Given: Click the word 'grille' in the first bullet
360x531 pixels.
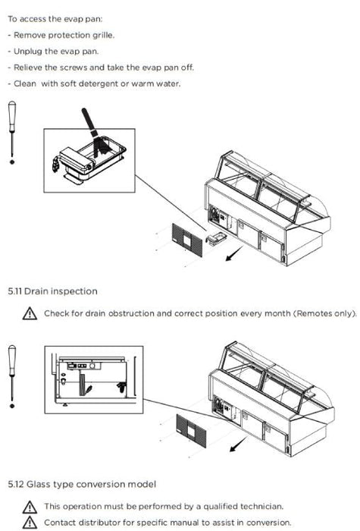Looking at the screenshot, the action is pyautogui.click(x=103, y=35).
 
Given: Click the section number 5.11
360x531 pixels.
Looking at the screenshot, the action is pyautogui.click(x=15, y=291).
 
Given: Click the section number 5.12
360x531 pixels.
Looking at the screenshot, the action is pyautogui.click(x=16, y=484).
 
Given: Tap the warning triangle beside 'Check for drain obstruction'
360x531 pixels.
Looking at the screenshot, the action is pyautogui.click(x=30, y=313).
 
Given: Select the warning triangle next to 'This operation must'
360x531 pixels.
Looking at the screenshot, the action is pyautogui.click(x=30, y=507).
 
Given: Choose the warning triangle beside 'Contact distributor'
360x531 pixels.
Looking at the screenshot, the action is pyautogui.click(x=30, y=523).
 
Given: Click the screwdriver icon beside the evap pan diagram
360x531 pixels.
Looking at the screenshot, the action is pyautogui.click(x=12, y=133).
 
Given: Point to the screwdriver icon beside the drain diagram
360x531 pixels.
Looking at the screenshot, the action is pyautogui.click(x=12, y=376).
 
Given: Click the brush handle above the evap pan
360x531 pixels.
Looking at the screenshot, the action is pyautogui.click(x=89, y=122).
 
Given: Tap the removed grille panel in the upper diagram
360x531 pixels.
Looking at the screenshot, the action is pyautogui.click(x=187, y=240).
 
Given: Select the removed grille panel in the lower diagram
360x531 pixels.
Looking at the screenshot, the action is pyautogui.click(x=191, y=430).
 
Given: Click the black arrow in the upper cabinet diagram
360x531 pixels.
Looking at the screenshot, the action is pyautogui.click(x=234, y=253).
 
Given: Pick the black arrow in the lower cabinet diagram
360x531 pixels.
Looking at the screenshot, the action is pyautogui.click(x=239, y=444).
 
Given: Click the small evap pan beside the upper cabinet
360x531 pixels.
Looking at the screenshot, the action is pyautogui.click(x=215, y=237).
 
